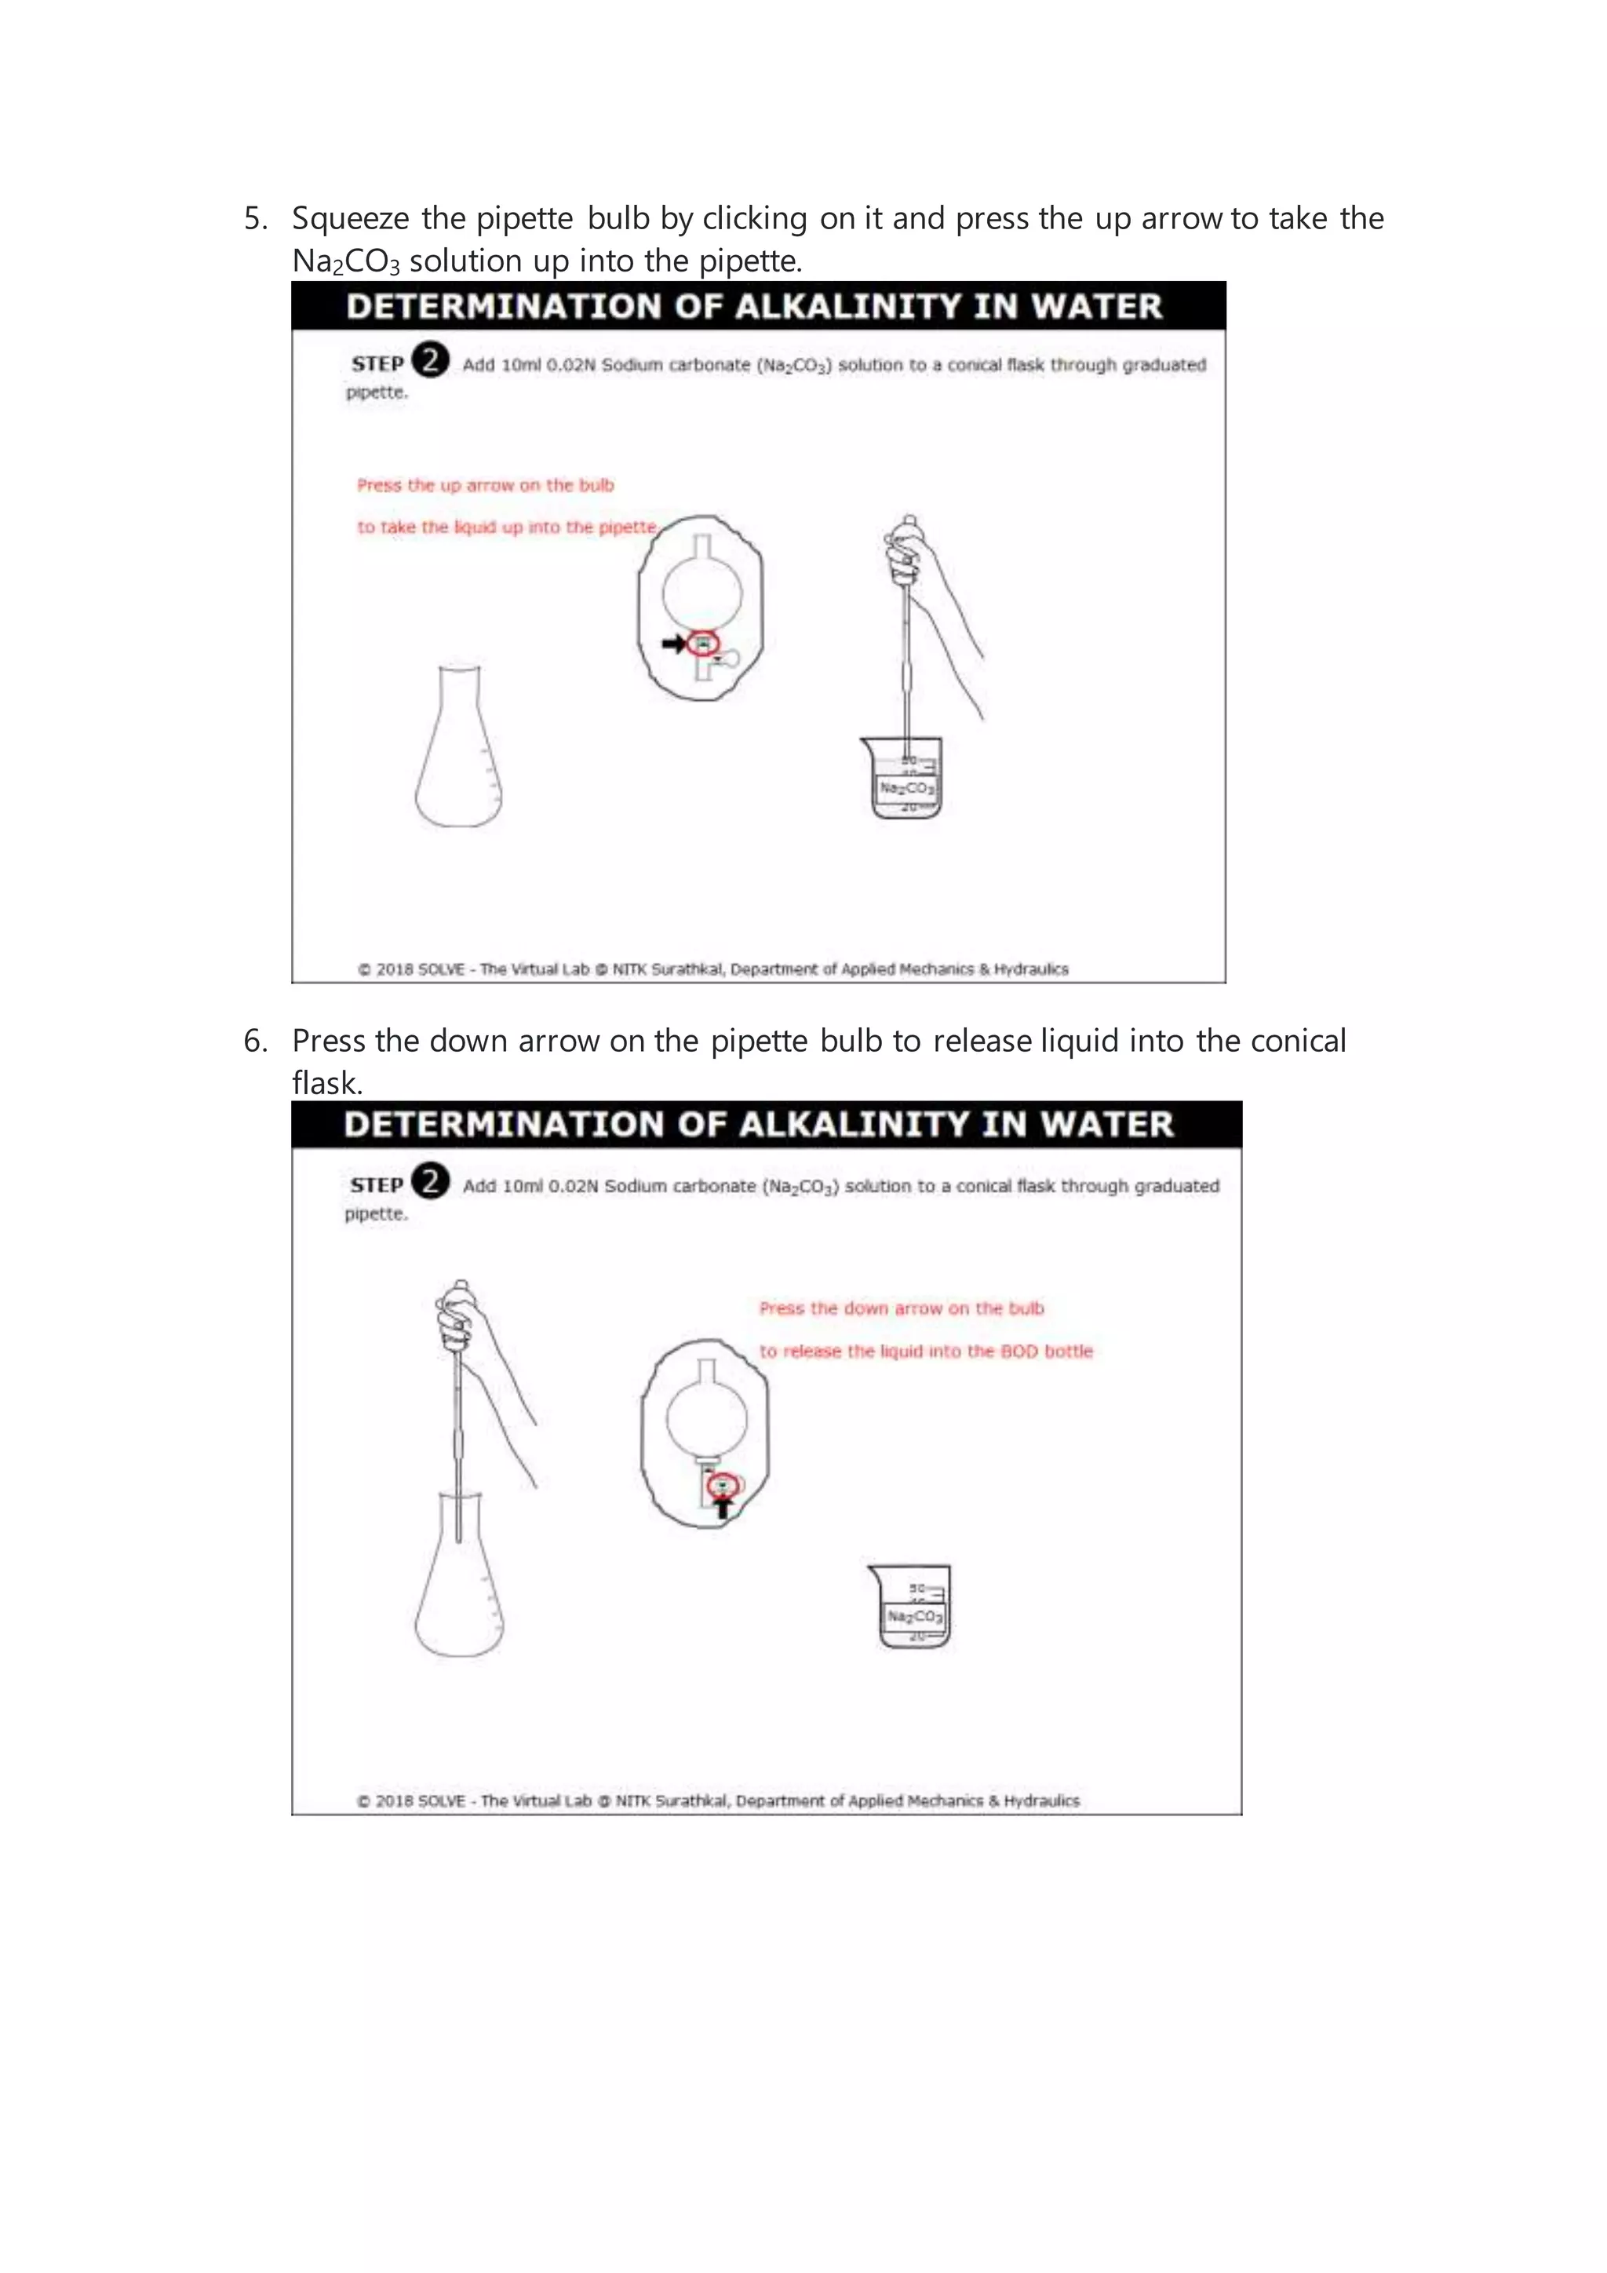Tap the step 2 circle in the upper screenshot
click(x=431, y=360)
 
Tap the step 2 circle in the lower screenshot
click(x=431, y=1181)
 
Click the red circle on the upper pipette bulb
click(x=702, y=644)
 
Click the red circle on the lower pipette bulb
click(x=724, y=1485)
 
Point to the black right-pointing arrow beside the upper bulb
click(x=674, y=644)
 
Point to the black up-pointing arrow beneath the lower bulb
click(x=724, y=1508)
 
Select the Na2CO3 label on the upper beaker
click(x=906, y=788)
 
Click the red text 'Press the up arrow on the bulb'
click(x=485, y=485)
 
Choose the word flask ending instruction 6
click(x=326, y=1084)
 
